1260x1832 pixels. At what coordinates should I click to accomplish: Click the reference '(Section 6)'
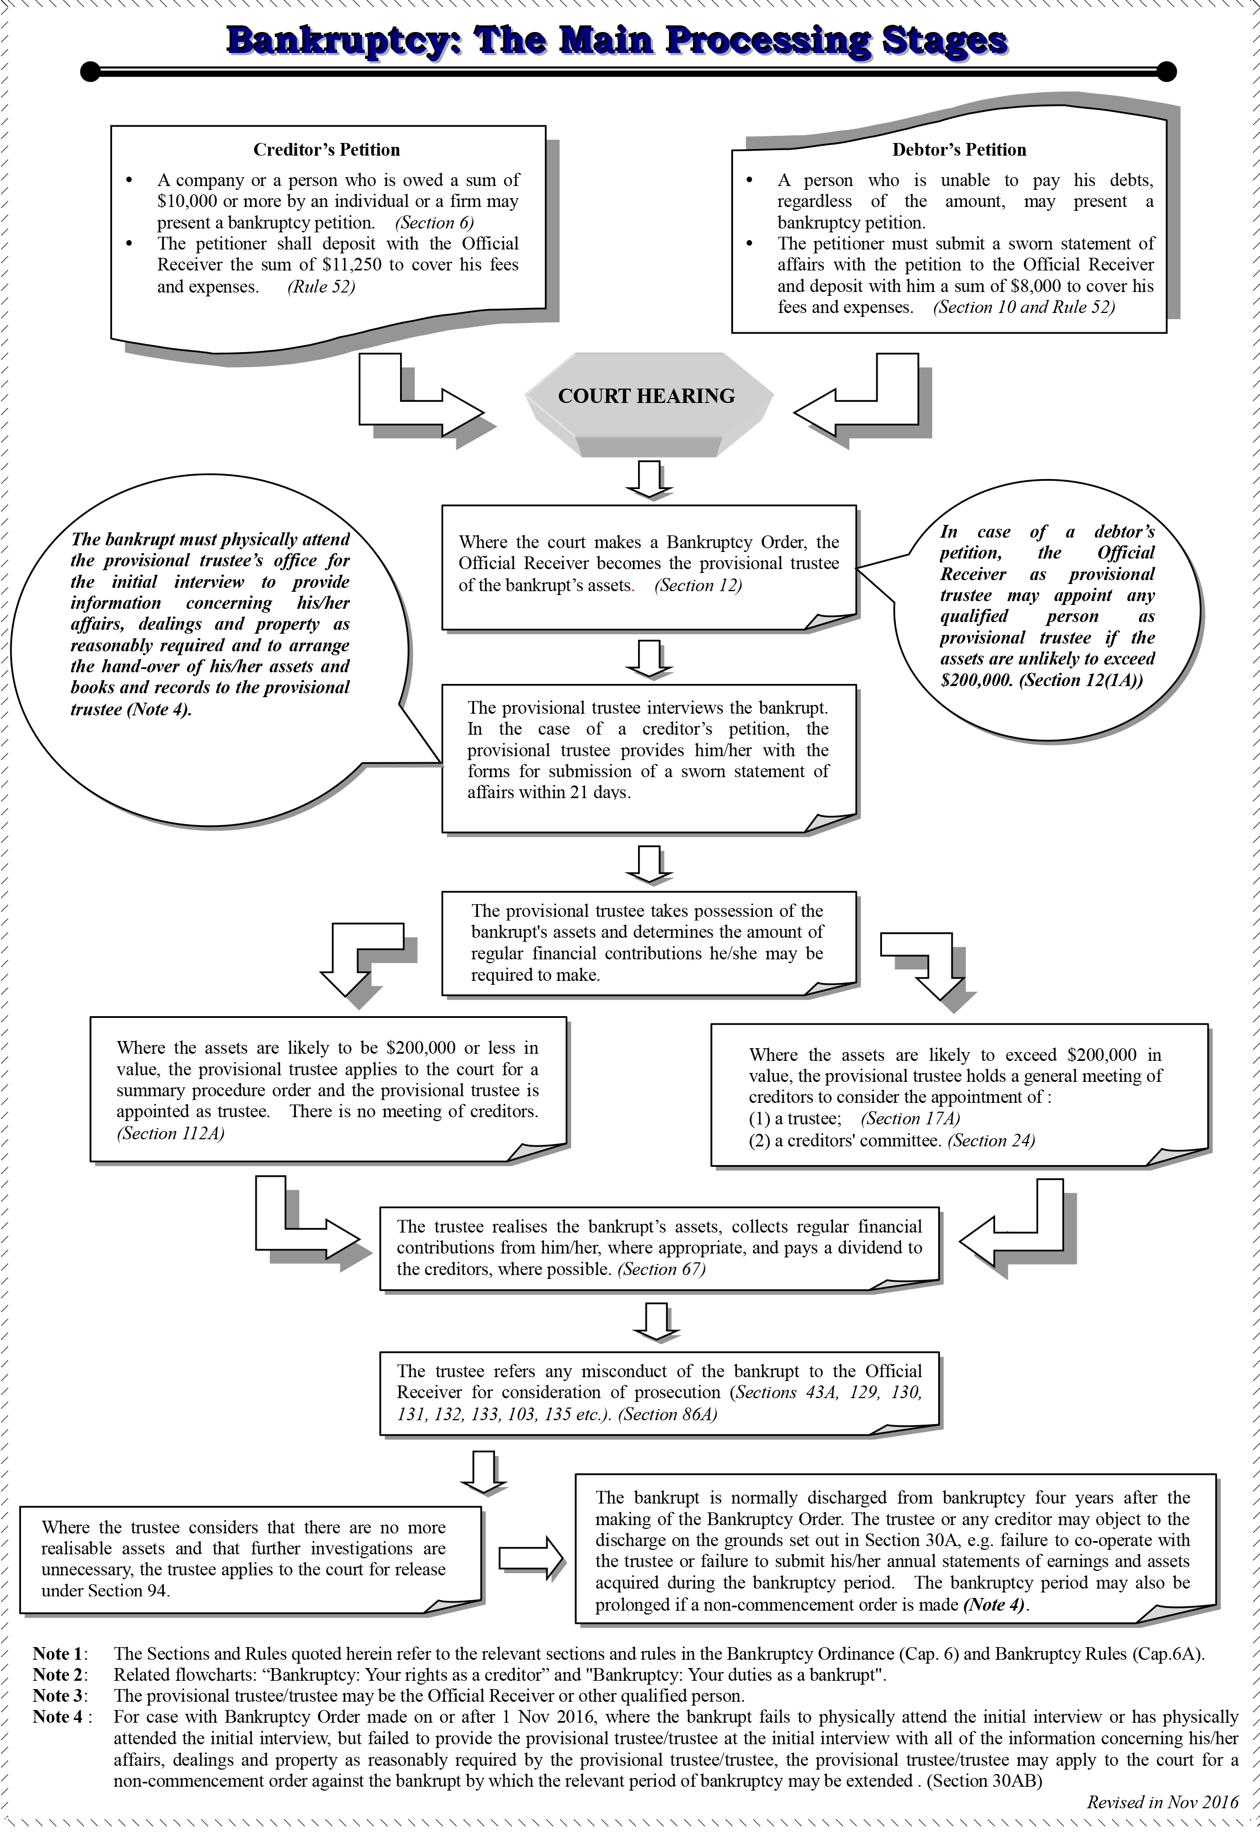(434, 222)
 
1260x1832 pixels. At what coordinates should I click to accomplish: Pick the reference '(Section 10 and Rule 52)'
(1024, 307)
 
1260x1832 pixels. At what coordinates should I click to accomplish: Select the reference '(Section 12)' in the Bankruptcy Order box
(698, 585)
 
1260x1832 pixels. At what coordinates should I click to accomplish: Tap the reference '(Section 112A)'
(171, 1133)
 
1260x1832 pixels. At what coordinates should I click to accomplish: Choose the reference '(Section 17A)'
(910, 1118)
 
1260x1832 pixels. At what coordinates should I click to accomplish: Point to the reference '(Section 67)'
(662, 1269)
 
